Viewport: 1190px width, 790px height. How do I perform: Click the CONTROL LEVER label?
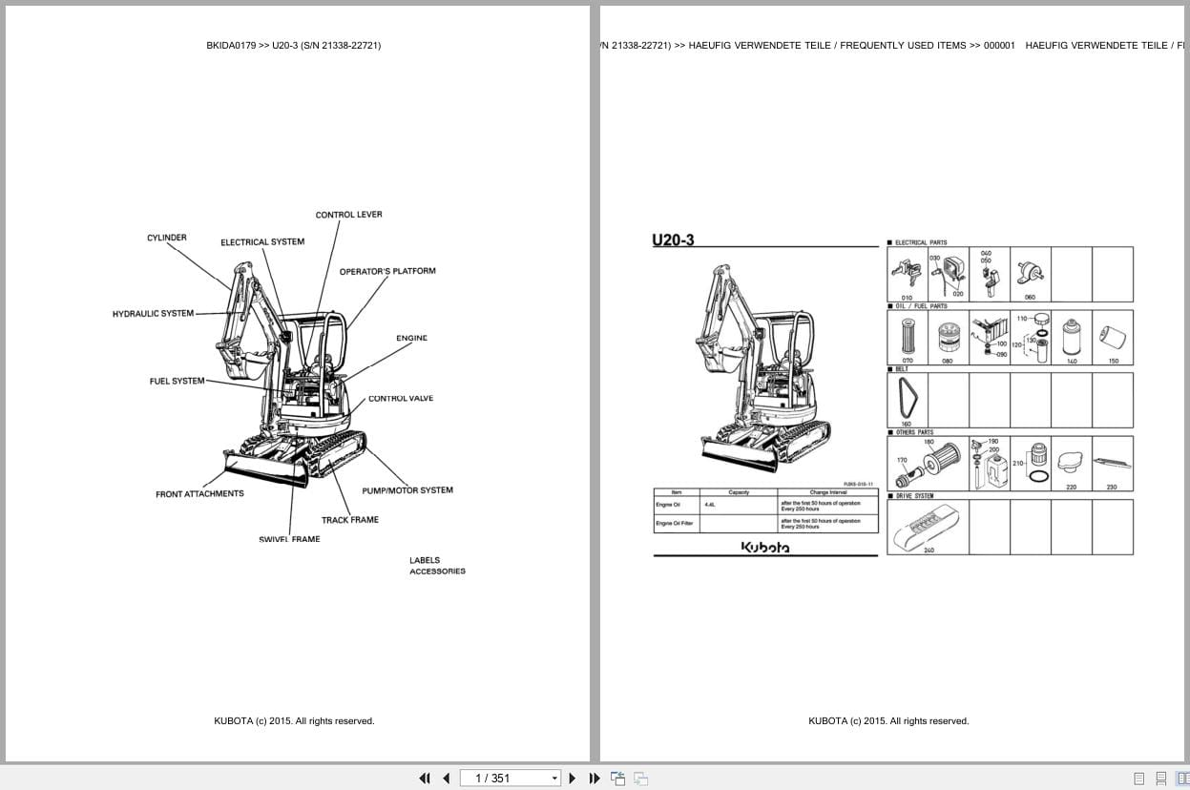point(348,215)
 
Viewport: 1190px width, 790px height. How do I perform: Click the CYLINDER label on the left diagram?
point(167,238)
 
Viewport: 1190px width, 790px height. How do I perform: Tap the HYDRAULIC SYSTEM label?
point(153,314)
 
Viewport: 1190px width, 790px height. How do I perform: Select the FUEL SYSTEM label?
point(177,382)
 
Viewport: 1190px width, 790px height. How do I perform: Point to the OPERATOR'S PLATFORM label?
point(387,272)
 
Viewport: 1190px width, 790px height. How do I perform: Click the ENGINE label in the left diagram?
point(411,339)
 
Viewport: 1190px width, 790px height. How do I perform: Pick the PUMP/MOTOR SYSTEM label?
point(407,490)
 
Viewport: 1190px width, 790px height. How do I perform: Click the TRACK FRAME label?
point(349,520)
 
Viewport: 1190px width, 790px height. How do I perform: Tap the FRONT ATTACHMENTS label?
point(199,494)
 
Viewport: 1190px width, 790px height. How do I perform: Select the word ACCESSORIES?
point(437,572)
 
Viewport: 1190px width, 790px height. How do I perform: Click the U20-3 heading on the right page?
point(674,240)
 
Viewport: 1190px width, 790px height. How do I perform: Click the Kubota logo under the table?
point(765,548)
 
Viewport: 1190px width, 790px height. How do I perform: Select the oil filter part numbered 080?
point(948,338)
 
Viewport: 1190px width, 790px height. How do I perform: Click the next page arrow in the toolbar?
point(573,779)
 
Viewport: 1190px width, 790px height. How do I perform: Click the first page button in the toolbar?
point(425,779)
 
